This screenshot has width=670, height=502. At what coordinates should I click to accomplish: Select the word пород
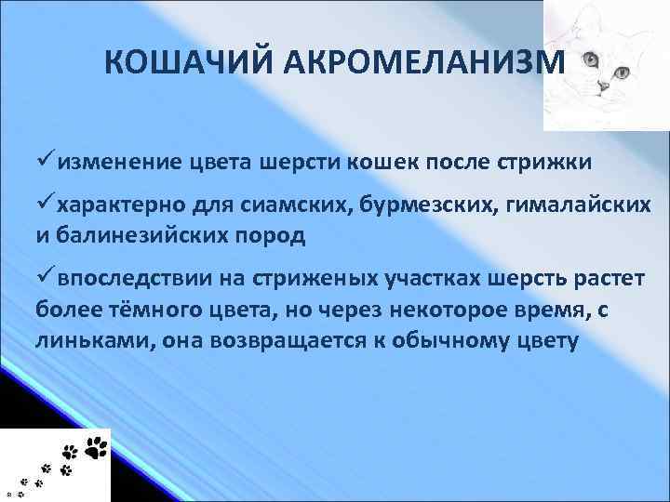click(x=273, y=235)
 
